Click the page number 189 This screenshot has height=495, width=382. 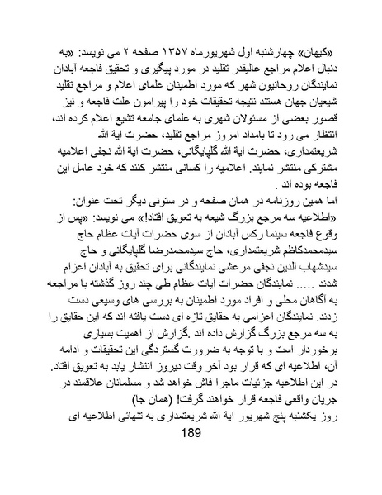tap(191, 459)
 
